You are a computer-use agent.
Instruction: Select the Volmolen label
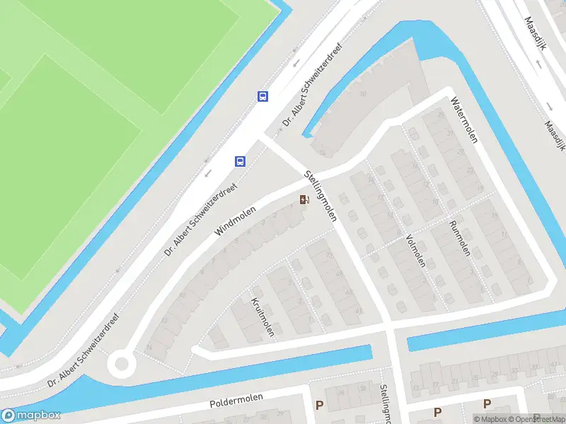pos(415,251)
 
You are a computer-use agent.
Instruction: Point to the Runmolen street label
pos(460,240)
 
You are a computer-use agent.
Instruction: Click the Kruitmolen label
pos(262,317)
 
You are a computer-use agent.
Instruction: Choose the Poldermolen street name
pos(236,401)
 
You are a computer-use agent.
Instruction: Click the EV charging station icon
pos(304,200)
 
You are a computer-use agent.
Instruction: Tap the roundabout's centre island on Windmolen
pos(121,365)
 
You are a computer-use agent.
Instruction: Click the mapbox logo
pos(31,416)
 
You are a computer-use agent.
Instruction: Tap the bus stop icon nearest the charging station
pos(240,161)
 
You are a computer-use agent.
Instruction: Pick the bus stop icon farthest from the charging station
pos(262,97)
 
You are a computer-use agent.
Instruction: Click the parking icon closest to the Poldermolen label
pos(320,405)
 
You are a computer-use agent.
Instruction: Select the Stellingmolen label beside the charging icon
pos(320,195)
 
